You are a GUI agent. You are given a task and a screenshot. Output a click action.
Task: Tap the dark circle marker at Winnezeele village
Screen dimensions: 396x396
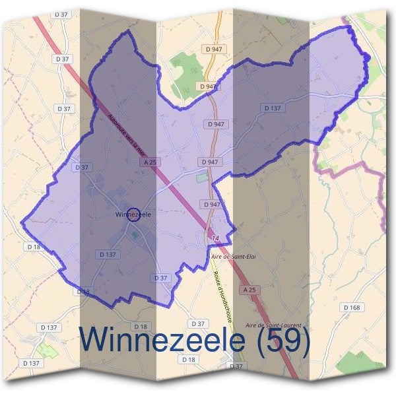pyautogui.click(x=133, y=214)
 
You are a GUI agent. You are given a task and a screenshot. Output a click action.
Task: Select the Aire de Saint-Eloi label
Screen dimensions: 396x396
pyautogui.click(x=232, y=256)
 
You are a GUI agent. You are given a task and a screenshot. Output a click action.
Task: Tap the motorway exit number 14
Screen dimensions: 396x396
pyautogui.click(x=214, y=238)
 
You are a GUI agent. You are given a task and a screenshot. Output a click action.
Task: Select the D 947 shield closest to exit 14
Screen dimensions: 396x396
pyautogui.click(x=212, y=205)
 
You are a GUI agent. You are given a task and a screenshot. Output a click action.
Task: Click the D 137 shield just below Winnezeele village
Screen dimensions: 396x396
pyautogui.click(x=107, y=254)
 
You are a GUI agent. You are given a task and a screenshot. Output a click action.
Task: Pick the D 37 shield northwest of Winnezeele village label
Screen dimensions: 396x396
pyautogui.click(x=82, y=168)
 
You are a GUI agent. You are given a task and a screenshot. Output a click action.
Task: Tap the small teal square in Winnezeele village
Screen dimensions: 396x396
pyautogui.click(x=135, y=236)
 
